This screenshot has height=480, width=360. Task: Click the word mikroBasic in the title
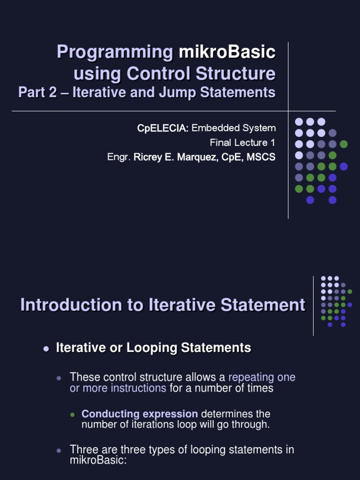(x=227, y=52)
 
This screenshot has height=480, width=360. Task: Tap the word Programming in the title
(x=115, y=52)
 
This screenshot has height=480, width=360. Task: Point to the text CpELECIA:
(x=163, y=128)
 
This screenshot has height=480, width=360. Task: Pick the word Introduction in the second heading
(x=64, y=305)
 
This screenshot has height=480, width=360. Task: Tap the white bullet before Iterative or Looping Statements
(x=46, y=349)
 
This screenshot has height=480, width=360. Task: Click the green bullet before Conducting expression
(x=72, y=415)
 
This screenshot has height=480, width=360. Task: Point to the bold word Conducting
(x=110, y=414)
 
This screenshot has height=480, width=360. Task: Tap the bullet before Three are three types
(x=59, y=450)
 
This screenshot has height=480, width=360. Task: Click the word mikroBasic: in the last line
(x=98, y=460)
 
